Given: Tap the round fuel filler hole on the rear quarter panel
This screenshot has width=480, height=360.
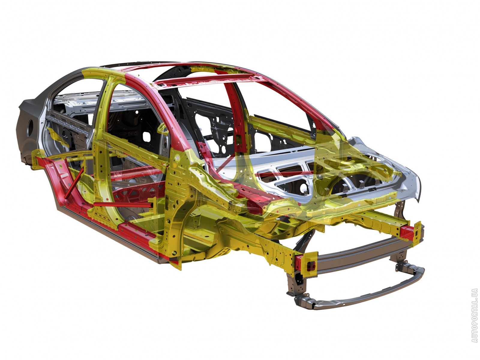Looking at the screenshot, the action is [x=30, y=128].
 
